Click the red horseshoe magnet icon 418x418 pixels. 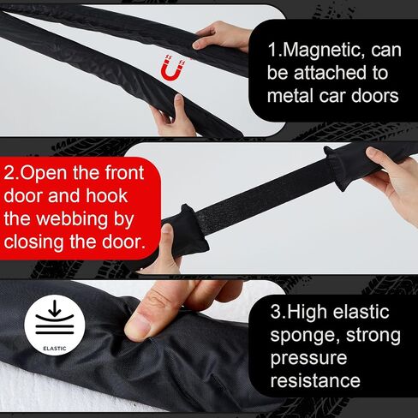173,68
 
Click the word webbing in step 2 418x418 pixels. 73,219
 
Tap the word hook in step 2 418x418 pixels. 107,196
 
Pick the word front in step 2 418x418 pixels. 124,173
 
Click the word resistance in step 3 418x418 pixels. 315,380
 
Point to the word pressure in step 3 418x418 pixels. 308,359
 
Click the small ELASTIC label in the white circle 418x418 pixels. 55,349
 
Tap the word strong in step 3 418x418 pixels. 373,336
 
